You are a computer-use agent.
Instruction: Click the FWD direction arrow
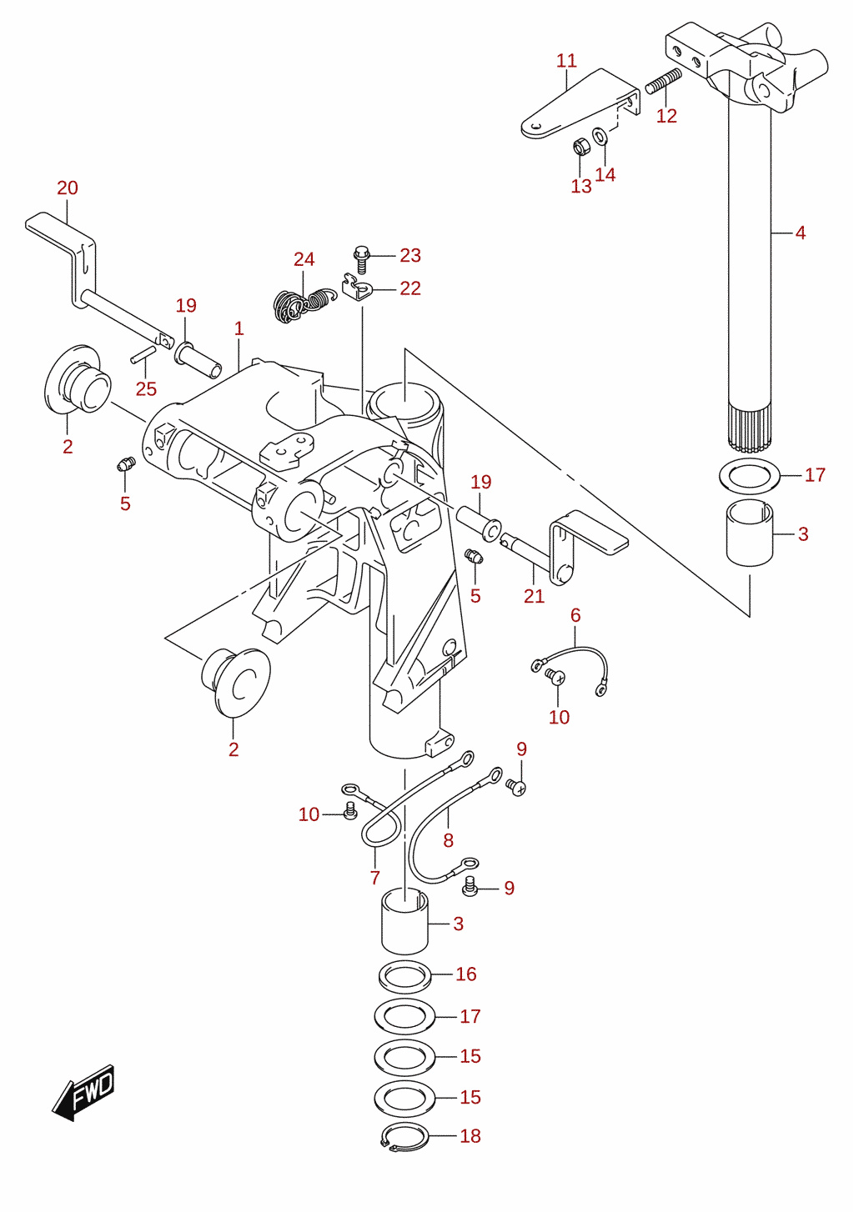click(83, 1093)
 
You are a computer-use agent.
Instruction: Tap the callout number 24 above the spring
click(304, 259)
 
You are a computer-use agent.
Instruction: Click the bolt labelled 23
click(362, 259)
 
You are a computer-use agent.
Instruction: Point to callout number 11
click(566, 61)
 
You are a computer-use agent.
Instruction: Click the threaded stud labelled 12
click(664, 81)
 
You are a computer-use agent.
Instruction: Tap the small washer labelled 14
click(600, 136)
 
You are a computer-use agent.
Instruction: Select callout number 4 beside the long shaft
click(801, 233)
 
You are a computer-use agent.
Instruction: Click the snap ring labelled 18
click(405, 1137)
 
